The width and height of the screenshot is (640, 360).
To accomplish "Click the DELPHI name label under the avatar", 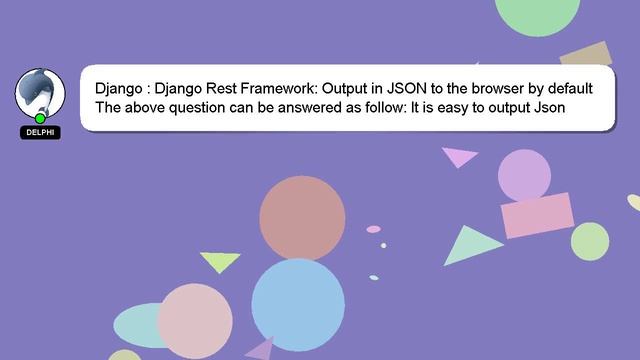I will point(40,132).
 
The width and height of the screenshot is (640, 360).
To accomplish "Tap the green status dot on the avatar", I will point(40,119).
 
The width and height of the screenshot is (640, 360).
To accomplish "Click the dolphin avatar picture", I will point(39,94).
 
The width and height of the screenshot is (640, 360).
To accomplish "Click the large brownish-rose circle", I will point(302,219).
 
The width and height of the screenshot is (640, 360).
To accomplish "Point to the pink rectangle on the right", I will point(536,216).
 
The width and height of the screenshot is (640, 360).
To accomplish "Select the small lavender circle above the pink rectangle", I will point(524,174).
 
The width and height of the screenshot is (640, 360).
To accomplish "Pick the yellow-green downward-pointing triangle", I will point(219,261).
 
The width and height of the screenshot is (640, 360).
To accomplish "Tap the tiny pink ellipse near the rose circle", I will point(373,229).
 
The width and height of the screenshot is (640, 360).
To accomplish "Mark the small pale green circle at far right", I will point(590,241).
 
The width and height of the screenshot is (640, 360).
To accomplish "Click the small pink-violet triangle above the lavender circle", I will point(459,156).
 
